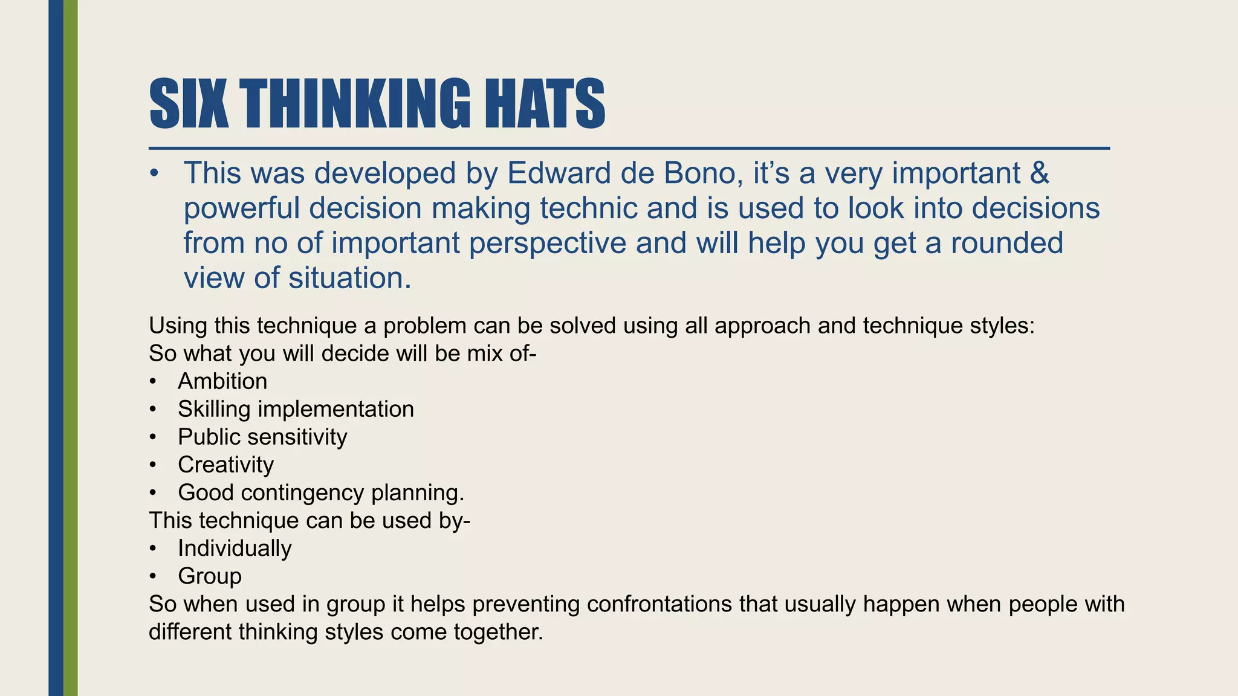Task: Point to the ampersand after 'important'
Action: click(1039, 173)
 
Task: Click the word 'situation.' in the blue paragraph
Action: click(349, 279)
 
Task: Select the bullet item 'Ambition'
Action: click(222, 382)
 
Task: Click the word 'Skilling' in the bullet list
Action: click(214, 410)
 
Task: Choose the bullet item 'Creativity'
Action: click(225, 465)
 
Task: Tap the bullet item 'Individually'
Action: click(235, 549)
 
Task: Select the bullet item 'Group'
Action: click(209, 576)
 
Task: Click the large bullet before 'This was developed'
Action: click(155, 174)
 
